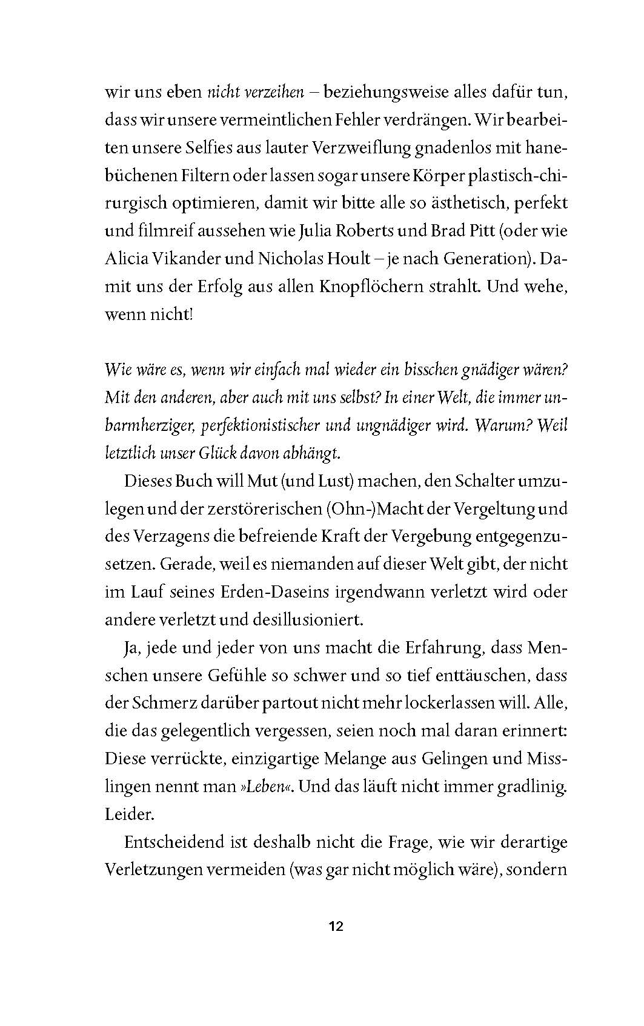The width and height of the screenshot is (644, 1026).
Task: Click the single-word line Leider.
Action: point(130,814)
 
